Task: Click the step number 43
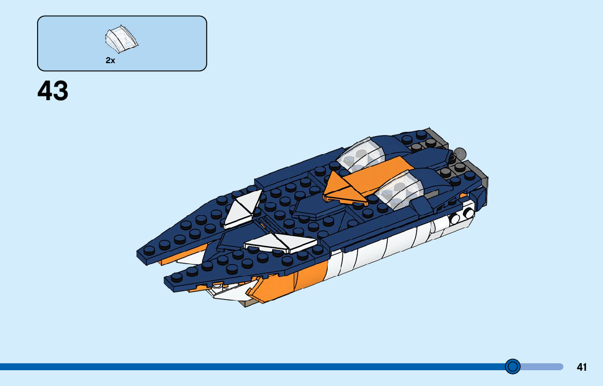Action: (x=53, y=91)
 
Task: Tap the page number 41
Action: (x=582, y=367)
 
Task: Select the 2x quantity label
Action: (x=110, y=61)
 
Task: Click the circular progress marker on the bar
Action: (x=512, y=366)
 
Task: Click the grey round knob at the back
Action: (x=460, y=154)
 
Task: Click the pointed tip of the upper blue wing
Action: (x=141, y=254)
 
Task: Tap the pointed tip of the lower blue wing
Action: (x=169, y=280)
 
